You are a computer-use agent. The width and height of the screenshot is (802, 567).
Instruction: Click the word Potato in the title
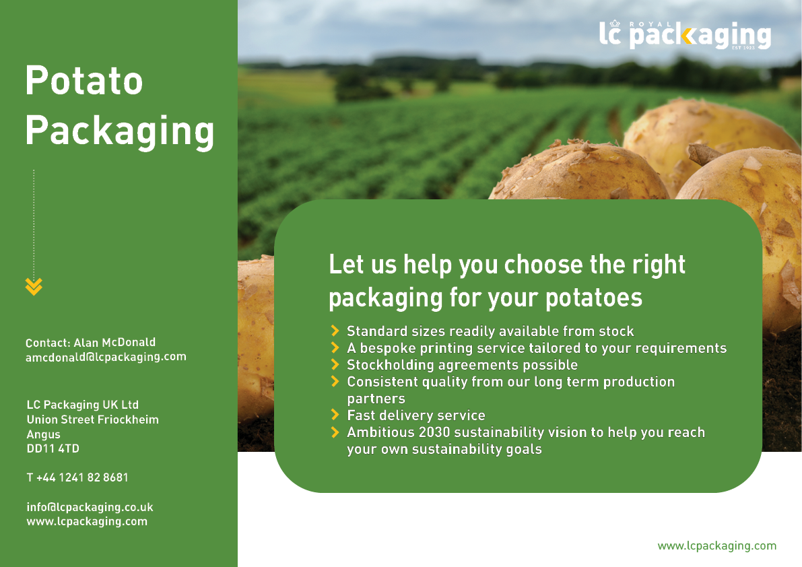[84, 81]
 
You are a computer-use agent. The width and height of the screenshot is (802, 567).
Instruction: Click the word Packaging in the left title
[120, 131]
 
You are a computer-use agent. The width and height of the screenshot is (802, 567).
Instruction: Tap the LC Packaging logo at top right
[684, 35]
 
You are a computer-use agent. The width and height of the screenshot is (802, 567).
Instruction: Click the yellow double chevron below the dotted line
[34, 287]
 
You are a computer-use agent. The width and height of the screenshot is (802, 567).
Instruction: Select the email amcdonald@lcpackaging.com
[106, 357]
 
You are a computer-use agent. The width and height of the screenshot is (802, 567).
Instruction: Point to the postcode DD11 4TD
[53, 448]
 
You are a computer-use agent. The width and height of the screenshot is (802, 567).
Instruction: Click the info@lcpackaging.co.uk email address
[90, 507]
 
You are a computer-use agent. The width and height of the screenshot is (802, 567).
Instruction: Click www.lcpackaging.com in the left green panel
[87, 521]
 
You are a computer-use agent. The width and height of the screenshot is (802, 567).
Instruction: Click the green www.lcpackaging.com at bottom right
[716, 545]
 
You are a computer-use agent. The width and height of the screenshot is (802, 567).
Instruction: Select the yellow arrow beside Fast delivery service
[335, 415]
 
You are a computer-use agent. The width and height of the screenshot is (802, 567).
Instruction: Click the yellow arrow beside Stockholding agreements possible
[335, 364]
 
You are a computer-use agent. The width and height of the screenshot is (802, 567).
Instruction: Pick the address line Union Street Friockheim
[92, 420]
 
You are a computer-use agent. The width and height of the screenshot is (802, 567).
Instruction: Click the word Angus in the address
[43, 434]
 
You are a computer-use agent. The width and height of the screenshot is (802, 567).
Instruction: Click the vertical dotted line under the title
[34, 222]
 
